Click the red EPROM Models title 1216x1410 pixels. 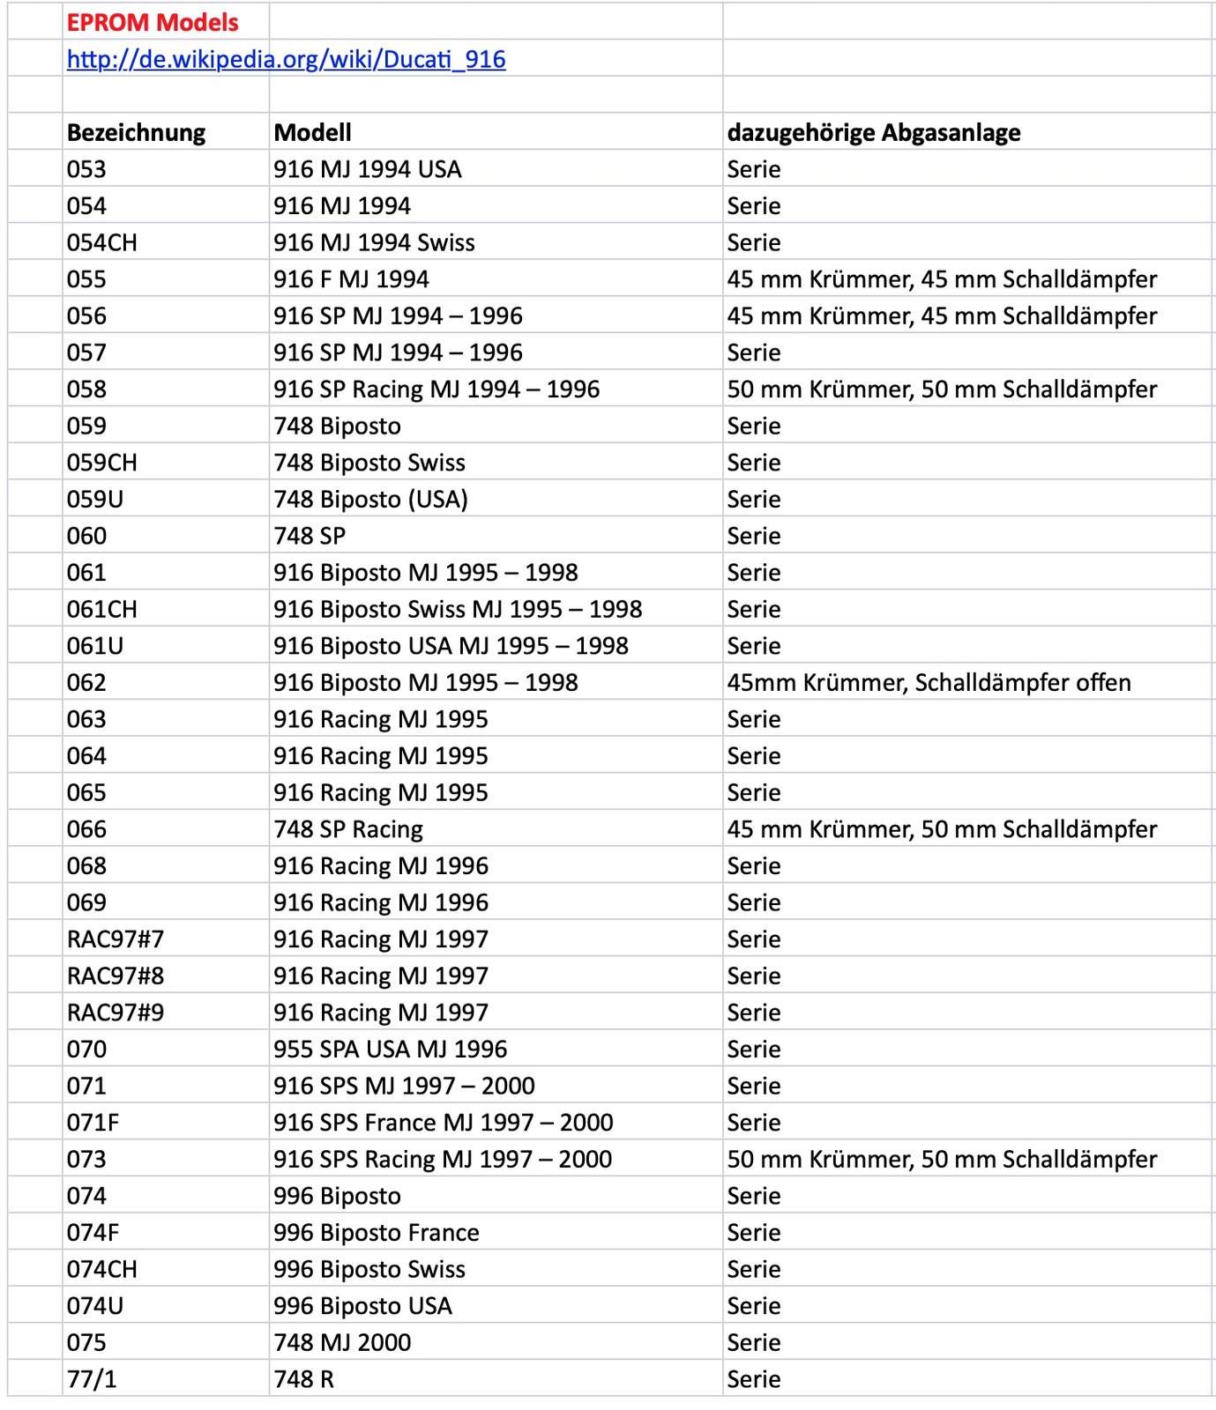pyautogui.click(x=153, y=22)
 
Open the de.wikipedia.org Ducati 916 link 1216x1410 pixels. pyautogui.click(x=286, y=59)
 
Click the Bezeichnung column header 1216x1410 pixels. pyautogui.click(x=136, y=132)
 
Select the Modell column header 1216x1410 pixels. pyautogui.click(x=312, y=132)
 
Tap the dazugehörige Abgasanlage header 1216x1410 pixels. pyautogui.click(x=873, y=132)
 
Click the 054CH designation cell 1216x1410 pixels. pyautogui.click(x=102, y=242)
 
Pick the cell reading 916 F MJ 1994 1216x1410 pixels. pyautogui.click(x=351, y=279)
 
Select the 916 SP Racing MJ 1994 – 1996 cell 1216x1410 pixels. pyautogui.click(x=436, y=390)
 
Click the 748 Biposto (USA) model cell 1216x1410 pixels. pyautogui.click(x=370, y=500)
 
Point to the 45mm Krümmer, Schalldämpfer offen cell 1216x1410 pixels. pyautogui.click(x=929, y=683)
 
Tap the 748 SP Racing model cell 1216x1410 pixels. pyautogui.click(x=348, y=829)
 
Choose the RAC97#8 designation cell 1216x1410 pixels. pyautogui.click(x=116, y=976)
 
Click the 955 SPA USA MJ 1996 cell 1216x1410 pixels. pyautogui.click(x=390, y=1050)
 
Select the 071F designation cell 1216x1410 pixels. pyautogui.click(x=93, y=1123)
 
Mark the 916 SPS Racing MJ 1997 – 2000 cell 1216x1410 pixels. pyautogui.click(x=443, y=1160)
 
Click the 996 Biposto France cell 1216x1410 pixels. pyautogui.click(x=377, y=1233)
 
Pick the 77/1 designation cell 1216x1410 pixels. pyautogui.click(x=92, y=1379)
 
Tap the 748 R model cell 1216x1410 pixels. pyautogui.click(x=304, y=1379)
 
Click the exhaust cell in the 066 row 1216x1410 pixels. pyautogui.click(x=942, y=829)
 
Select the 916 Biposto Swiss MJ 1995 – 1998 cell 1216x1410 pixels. pyautogui.click(x=458, y=610)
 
